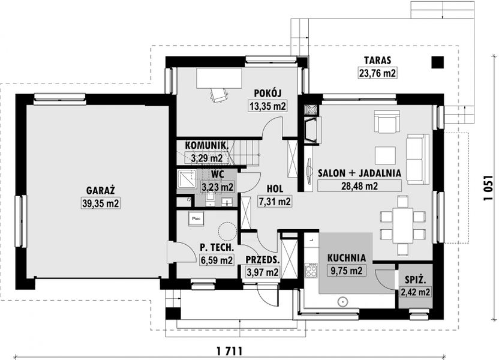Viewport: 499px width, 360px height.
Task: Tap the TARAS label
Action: point(377,60)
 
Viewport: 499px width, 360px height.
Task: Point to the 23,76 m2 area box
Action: point(377,73)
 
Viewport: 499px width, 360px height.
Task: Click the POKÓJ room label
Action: point(267,93)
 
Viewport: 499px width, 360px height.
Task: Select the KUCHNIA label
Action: point(346,258)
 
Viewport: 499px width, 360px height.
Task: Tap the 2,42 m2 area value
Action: point(416,292)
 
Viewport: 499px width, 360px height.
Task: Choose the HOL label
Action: point(275,188)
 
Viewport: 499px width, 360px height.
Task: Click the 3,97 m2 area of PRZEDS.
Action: point(262,272)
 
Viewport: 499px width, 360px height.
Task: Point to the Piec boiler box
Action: point(196,219)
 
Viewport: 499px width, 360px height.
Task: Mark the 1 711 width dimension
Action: point(230,350)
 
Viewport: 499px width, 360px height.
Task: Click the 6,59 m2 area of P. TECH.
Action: point(217,260)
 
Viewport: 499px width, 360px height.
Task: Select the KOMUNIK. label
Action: point(206,145)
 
